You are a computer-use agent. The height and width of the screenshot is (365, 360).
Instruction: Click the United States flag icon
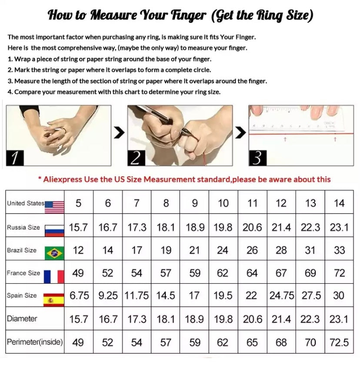point(54,207)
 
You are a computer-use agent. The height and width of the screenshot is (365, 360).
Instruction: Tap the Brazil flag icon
point(54,253)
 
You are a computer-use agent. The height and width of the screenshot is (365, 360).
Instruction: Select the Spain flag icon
point(54,300)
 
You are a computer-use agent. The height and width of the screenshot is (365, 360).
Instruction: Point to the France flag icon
point(54,277)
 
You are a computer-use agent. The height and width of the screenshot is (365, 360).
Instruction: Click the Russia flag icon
point(54,231)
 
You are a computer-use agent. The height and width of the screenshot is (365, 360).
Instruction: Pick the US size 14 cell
point(339,203)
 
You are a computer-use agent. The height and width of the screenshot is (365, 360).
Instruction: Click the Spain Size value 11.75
point(137,296)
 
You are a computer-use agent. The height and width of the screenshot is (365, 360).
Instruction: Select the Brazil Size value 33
point(339,250)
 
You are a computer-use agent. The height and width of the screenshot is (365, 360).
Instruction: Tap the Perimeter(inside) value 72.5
point(339,342)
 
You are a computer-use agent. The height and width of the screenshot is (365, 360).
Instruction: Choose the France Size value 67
point(281,273)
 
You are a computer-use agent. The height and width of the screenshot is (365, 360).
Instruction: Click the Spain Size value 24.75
point(282,296)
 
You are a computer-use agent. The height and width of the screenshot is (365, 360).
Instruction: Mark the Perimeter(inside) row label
point(35,342)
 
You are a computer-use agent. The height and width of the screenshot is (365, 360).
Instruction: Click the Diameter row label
point(22,318)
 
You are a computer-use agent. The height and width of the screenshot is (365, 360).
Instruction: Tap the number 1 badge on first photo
point(15,158)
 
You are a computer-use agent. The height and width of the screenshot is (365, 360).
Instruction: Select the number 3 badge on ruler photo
point(257,158)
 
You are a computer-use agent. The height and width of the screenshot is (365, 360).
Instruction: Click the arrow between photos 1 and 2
point(120,132)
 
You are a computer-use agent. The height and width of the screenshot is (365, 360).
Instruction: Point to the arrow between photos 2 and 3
point(240,132)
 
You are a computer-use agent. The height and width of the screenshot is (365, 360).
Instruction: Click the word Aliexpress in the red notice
point(63,180)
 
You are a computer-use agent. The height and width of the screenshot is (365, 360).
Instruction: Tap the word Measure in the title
point(113,15)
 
